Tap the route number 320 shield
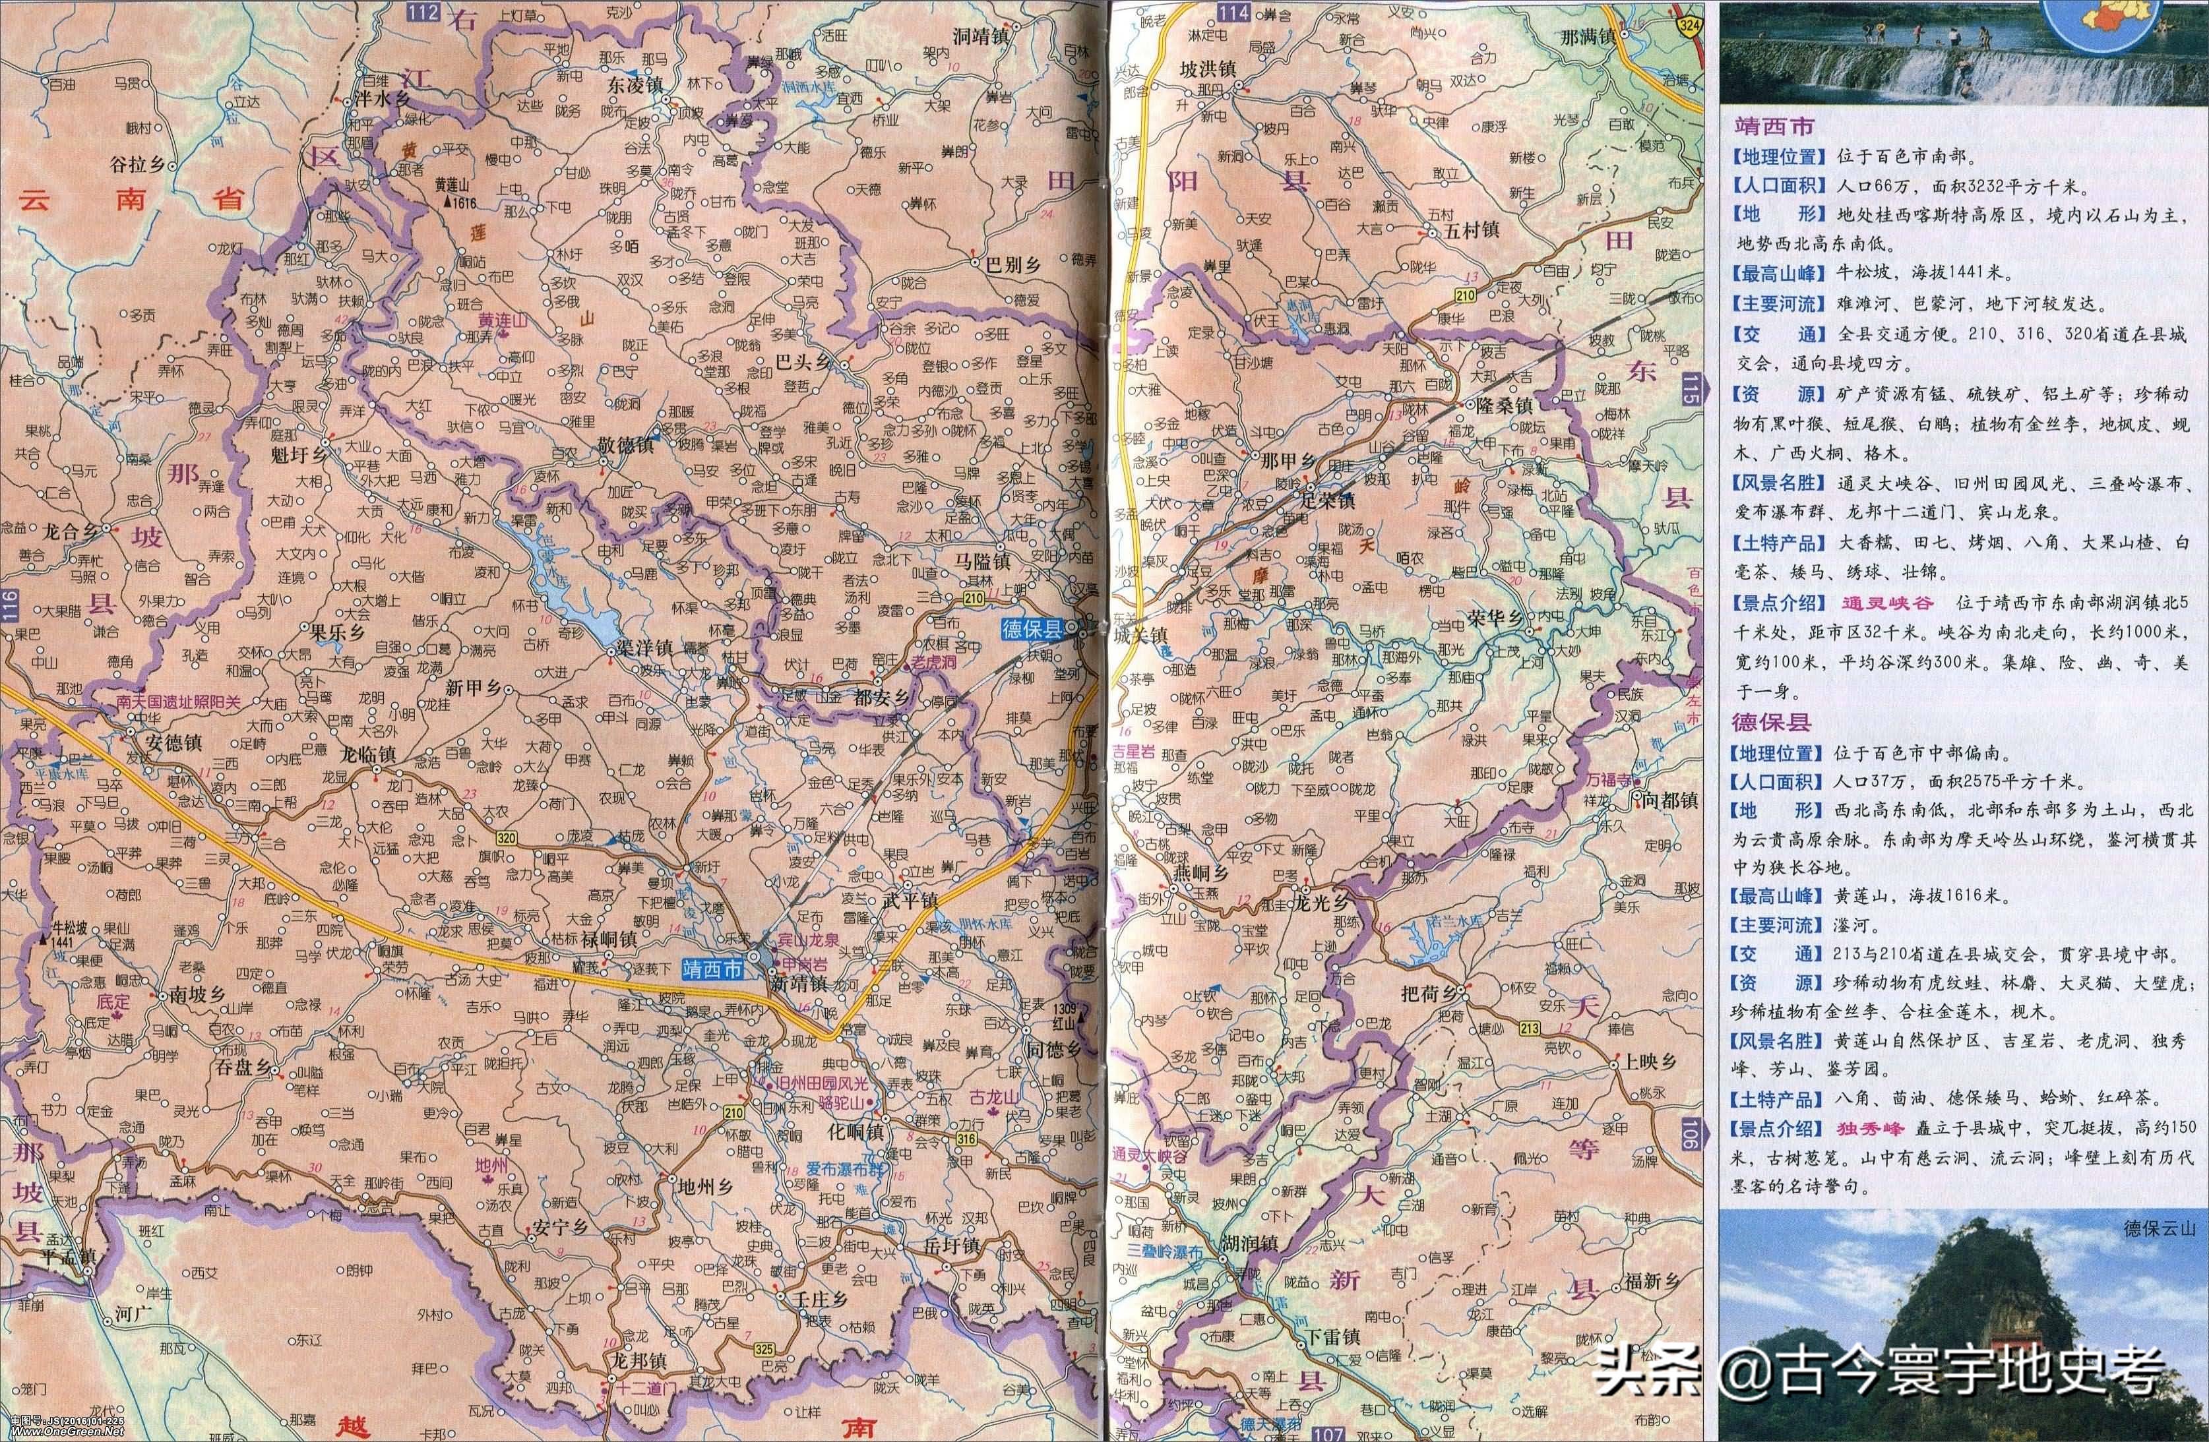[x=504, y=839]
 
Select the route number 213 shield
[x=1530, y=1027]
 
